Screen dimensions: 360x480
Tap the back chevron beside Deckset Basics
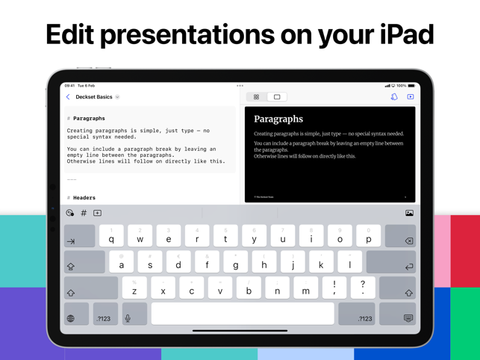68,97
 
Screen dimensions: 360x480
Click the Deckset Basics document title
94,97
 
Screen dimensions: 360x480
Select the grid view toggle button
256,97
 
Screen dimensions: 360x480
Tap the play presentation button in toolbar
411,97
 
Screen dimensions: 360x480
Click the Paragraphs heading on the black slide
278,119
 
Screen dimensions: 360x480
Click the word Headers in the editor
84,198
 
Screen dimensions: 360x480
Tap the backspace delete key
408,239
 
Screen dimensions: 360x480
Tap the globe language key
71,318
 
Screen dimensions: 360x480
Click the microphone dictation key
128,318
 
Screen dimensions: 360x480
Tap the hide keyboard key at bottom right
408,318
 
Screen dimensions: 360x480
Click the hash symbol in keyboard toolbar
84,214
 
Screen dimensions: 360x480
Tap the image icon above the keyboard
409,214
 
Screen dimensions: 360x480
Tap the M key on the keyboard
306,290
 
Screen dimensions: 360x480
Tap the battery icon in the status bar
411,86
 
